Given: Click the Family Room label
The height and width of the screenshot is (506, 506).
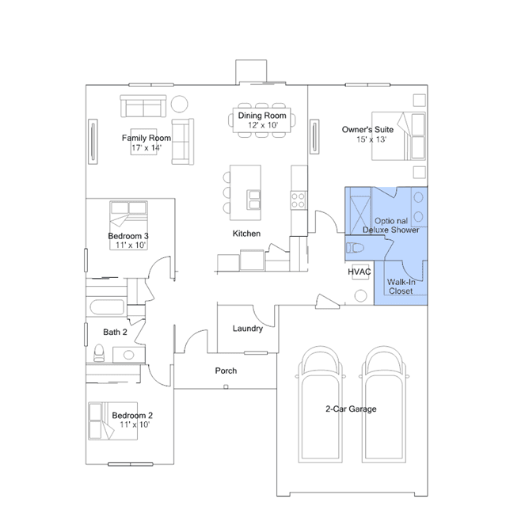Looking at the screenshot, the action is point(146,138).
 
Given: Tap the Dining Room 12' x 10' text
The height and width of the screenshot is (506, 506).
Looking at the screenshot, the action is point(262,120).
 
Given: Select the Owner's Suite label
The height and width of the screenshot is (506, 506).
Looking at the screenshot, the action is point(367,130).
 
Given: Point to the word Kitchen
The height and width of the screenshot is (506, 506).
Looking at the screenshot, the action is point(246,234).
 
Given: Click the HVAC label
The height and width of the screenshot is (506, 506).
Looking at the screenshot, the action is point(360,272).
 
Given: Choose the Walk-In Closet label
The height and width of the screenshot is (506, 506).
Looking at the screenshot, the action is point(401,287).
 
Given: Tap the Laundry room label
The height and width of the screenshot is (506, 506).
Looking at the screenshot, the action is point(248,329).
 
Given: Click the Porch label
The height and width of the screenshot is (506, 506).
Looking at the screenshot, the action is point(226,371).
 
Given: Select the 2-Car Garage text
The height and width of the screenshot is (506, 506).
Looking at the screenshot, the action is point(351,409).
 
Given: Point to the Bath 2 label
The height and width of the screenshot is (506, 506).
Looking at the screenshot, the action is point(115,332).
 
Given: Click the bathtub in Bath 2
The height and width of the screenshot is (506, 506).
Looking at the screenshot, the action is point(107,307).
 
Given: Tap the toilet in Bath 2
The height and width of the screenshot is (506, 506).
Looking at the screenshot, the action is point(99,352).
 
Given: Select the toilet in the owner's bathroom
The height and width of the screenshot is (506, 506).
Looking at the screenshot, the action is point(355,248).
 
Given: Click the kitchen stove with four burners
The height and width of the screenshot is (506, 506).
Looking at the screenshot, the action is point(299,200).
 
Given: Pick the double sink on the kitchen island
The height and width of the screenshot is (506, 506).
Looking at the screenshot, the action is point(253,200).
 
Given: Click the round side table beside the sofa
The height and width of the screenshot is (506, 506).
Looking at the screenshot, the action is point(180,104).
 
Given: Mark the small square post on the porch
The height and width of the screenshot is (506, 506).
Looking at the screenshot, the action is point(226,386).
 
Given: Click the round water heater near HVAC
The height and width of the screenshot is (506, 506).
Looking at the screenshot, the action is point(360,295).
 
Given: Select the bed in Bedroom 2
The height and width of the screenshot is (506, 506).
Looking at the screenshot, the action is point(112,420).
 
